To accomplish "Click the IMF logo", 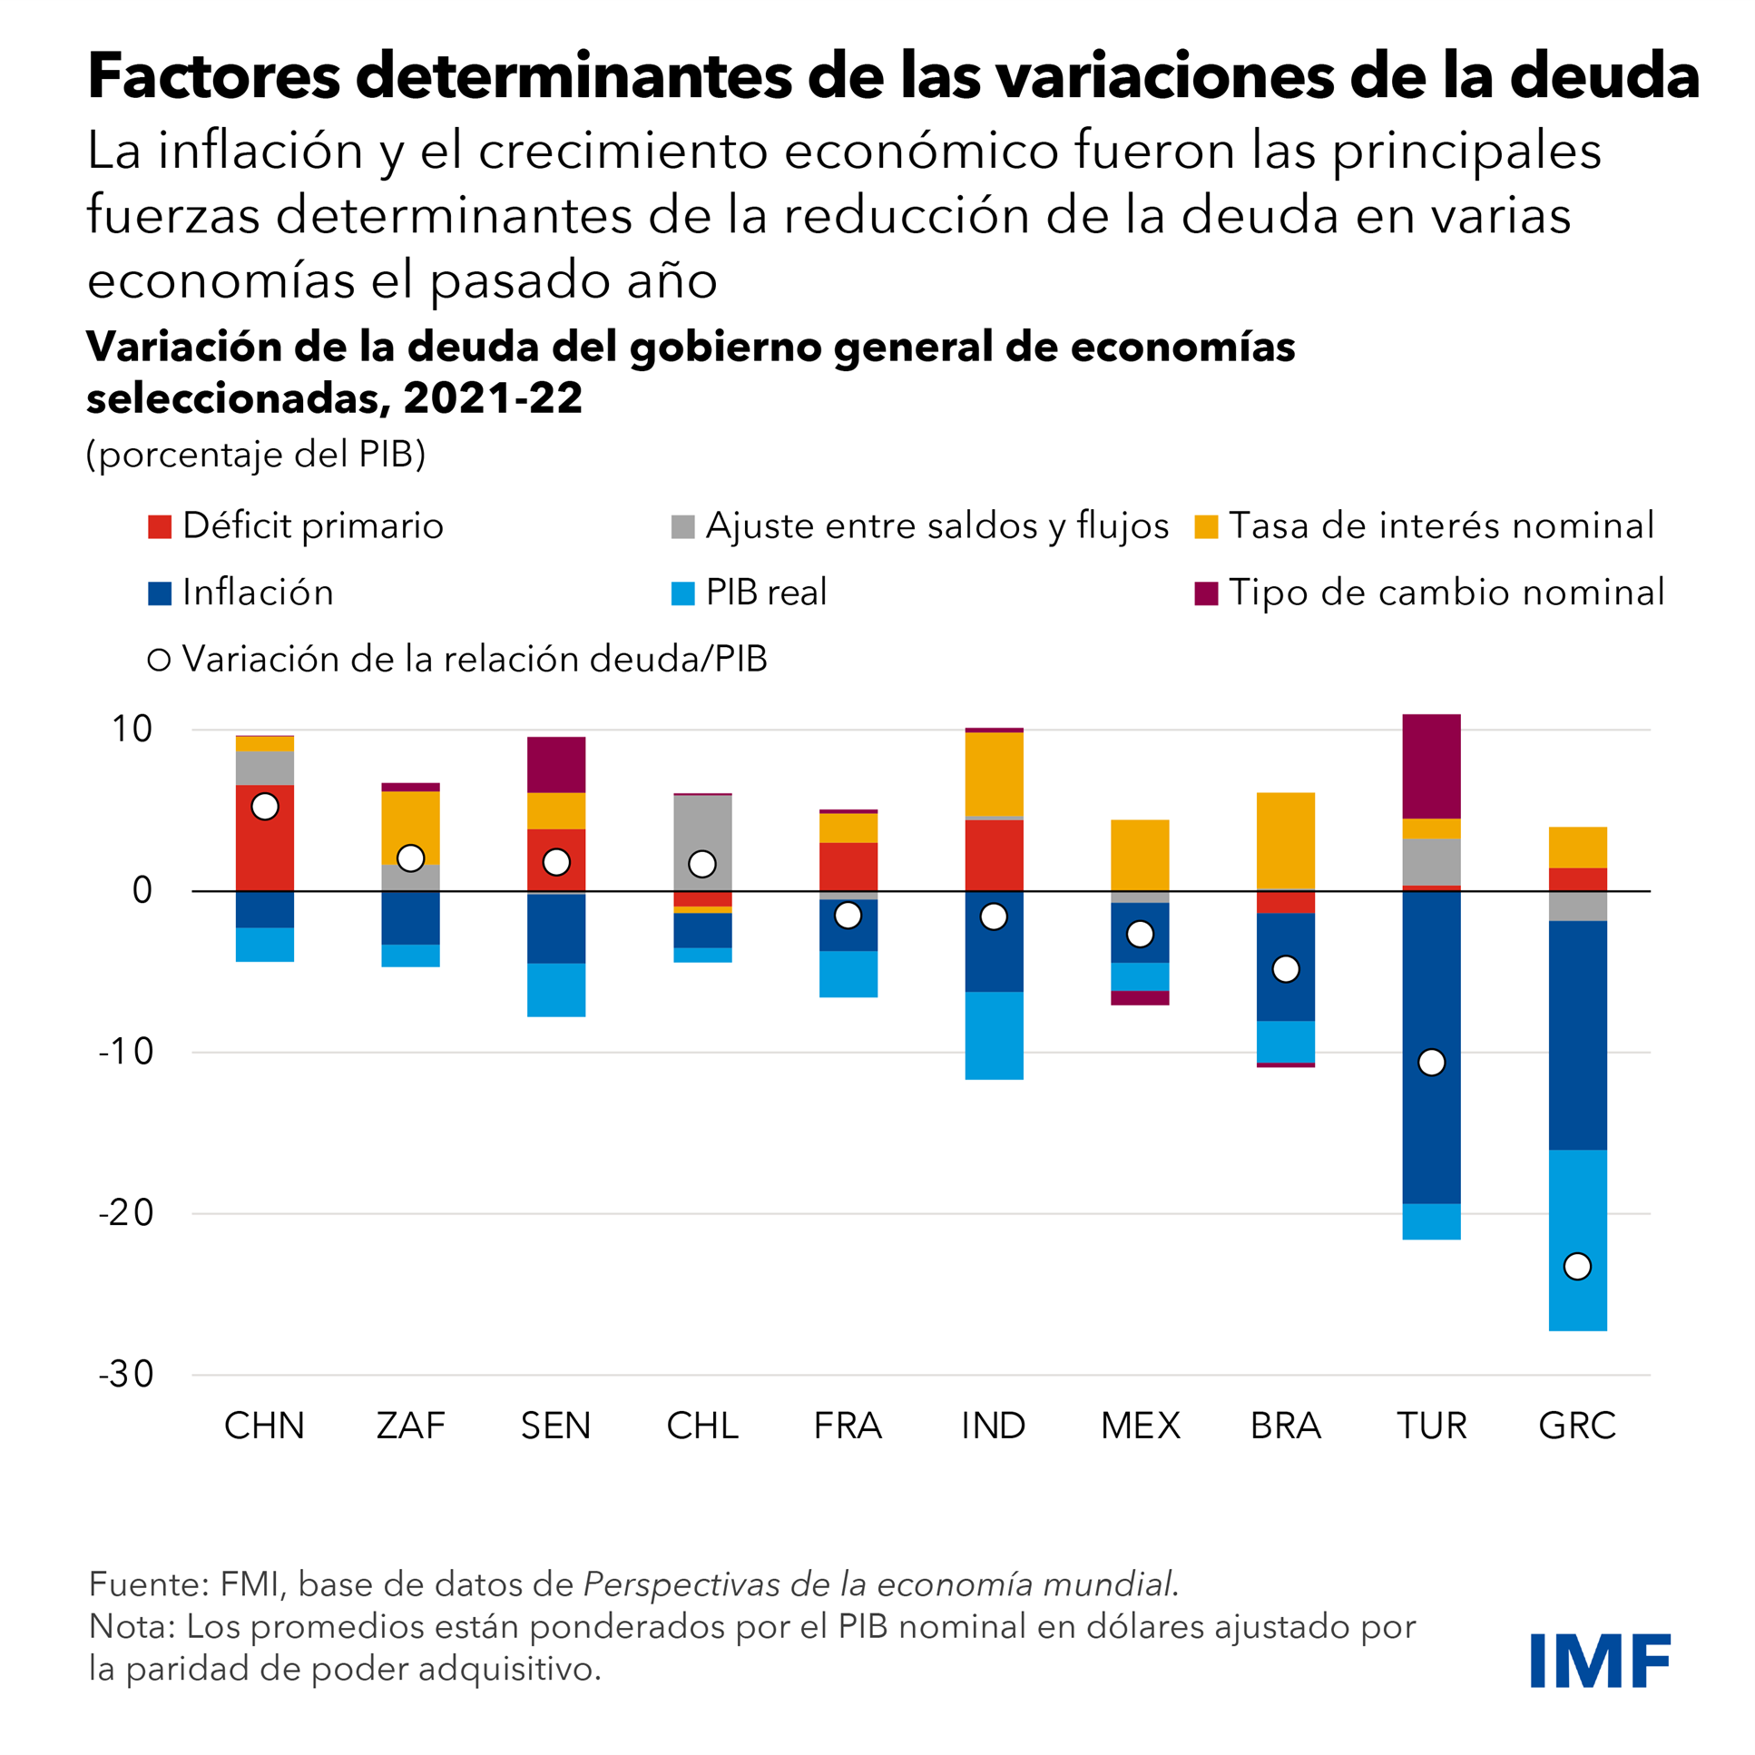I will [1600, 1661].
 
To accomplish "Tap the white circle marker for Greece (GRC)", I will [1577, 1266].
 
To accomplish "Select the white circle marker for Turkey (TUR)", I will [1432, 1062].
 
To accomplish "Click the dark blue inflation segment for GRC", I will [1577, 1035].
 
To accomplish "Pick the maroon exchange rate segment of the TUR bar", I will [1432, 767].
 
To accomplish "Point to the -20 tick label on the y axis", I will [126, 1212].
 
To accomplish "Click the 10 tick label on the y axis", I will [132, 730].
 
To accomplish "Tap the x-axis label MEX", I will [1140, 1427].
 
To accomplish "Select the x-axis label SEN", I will [556, 1427].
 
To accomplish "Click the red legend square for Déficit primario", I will [160, 527].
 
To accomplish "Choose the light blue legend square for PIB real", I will [683, 593].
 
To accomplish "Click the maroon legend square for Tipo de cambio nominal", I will [1206, 593].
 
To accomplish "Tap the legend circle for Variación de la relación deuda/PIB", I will [160, 661].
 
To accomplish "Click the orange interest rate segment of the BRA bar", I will [1285, 840].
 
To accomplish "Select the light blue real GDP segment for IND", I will [994, 1034].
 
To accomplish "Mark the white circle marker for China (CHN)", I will [264, 807].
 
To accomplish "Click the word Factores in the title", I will [213, 76].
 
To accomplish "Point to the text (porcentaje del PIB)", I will [256, 455].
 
